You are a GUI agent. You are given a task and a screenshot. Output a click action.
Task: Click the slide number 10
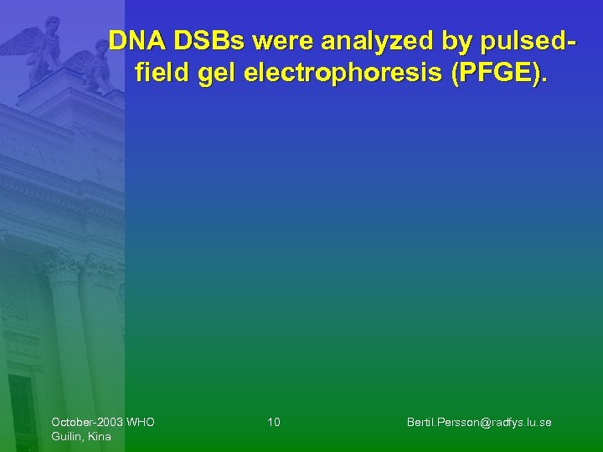(x=274, y=422)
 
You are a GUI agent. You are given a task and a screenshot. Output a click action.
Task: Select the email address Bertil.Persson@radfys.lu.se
(x=479, y=422)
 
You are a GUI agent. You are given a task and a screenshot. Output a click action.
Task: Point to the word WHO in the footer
(x=140, y=422)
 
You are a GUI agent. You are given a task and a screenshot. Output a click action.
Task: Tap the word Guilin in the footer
(x=66, y=436)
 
